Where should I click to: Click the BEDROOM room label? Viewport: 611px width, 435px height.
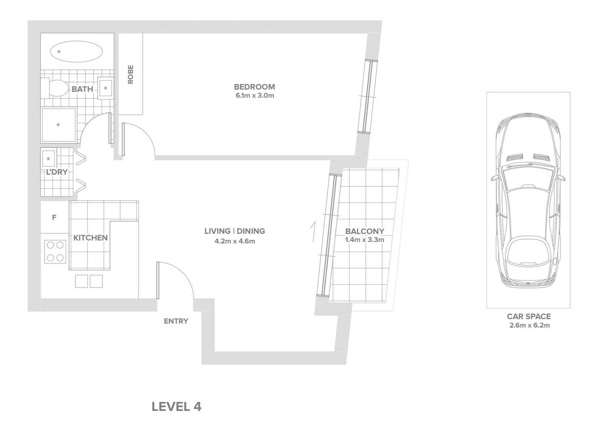pos(254,87)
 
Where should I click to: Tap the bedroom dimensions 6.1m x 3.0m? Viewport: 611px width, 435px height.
pos(255,96)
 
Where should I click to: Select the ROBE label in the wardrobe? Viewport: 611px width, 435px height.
pos(131,75)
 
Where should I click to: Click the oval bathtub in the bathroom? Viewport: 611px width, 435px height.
pos(76,52)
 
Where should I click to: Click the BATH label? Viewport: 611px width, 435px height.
pos(82,89)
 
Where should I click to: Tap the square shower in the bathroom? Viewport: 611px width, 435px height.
pos(58,125)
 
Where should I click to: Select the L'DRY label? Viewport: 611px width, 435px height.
pos(56,172)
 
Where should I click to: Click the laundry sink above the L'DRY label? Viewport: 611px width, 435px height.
pos(48,159)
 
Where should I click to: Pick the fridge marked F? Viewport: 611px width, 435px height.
pos(54,217)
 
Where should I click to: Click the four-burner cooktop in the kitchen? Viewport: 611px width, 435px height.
pos(55,251)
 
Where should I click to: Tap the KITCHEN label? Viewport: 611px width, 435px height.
pos(90,238)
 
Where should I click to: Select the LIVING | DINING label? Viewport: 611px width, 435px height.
pos(235,231)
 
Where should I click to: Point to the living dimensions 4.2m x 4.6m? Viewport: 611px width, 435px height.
pos(235,241)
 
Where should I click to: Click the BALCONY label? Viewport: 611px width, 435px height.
pos(364,231)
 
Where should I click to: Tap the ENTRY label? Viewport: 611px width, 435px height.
pos(176,321)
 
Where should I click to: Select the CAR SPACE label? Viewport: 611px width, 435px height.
pos(528,317)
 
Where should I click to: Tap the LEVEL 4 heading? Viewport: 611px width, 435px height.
pos(176,407)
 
